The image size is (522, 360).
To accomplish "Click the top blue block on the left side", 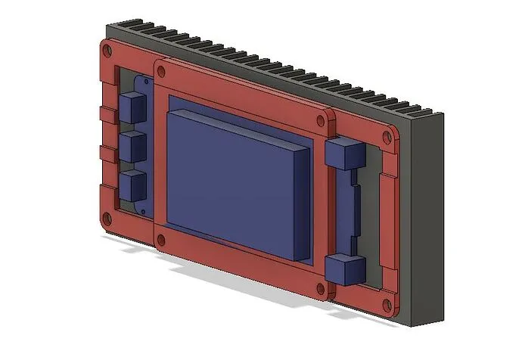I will tap(133, 107).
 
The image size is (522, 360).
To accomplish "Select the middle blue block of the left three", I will tap(133, 146).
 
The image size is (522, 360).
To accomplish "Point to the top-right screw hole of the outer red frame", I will tap(388, 137).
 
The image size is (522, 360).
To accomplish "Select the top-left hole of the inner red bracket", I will tap(160, 70).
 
